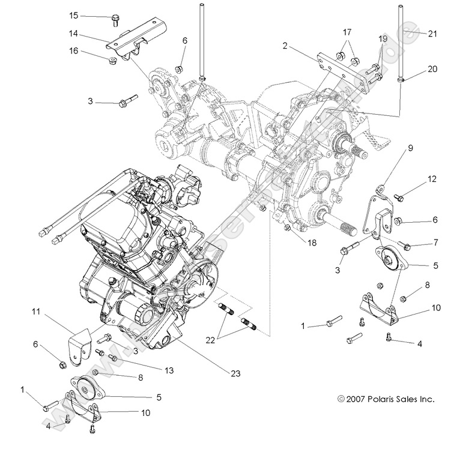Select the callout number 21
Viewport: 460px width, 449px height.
tap(432, 34)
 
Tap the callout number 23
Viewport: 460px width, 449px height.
tap(234, 373)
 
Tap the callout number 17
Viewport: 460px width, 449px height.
tap(347, 31)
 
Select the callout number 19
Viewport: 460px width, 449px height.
tap(383, 38)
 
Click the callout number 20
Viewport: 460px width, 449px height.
tap(432, 69)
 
